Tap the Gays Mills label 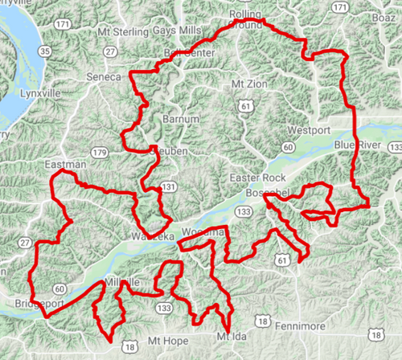[x=176, y=31]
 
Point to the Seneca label [x=103, y=76]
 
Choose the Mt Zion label [x=247, y=83]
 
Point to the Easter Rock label [x=257, y=177]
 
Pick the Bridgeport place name [x=37, y=304]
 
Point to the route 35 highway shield [x=45, y=52]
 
